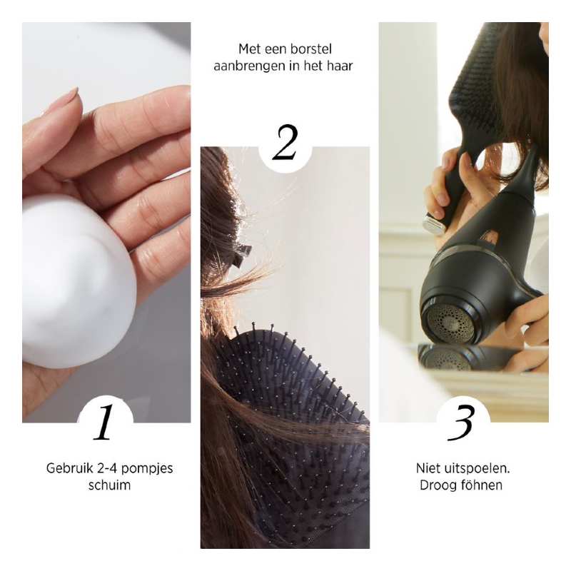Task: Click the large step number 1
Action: [103, 423]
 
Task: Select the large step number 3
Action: [461, 423]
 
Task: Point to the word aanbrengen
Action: [243, 66]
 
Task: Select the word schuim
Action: [109, 485]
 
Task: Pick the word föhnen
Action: [480, 485]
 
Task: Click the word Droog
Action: [438, 486]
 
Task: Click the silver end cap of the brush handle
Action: [434, 224]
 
